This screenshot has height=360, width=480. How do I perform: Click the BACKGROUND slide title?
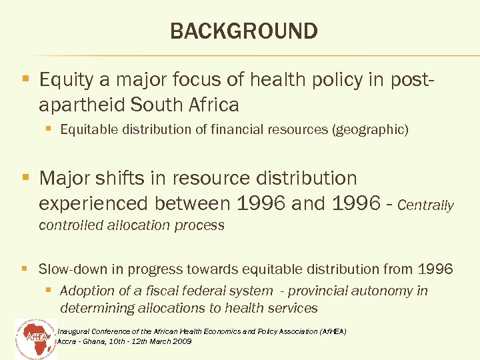click(x=244, y=31)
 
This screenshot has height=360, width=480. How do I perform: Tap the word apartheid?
click(x=83, y=105)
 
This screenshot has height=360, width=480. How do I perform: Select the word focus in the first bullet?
click(x=186, y=81)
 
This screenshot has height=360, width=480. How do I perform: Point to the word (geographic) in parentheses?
click(x=369, y=130)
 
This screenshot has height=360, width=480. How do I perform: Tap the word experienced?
click(x=95, y=202)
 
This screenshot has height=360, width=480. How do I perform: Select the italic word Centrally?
click(x=425, y=205)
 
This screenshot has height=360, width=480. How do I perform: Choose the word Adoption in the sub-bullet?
click(x=85, y=291)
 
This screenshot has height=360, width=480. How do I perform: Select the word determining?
click(x=97, y=308)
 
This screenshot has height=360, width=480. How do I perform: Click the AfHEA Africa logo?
click(x=35, y=337)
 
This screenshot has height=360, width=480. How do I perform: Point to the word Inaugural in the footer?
click(x=74, y=331)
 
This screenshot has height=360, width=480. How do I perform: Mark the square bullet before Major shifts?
click(x=25, y=178)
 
